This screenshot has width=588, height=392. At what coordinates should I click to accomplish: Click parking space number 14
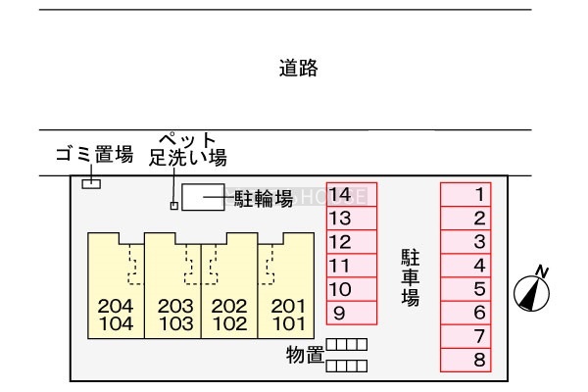[351, 194]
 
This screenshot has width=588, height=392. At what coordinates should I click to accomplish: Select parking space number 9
[351, 314]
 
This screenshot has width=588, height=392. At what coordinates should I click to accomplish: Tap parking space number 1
[465, 194]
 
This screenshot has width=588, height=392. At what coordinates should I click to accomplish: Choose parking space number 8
[465, 360]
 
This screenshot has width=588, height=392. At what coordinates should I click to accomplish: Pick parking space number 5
[465, 289]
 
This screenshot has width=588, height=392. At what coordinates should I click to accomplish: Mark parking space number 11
[351, 266]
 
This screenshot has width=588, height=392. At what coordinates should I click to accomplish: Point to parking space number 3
[465, 241]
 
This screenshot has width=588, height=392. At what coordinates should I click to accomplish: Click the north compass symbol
[531, 291]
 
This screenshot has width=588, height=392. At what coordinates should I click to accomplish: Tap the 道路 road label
[298, 69]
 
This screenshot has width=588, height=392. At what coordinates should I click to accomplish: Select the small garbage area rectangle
[91, 182]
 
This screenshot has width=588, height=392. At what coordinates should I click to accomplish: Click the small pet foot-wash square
[174, 205]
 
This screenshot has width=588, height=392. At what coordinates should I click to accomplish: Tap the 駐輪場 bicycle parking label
[264, 199]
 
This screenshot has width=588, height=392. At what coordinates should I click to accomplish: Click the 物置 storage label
[305, 355]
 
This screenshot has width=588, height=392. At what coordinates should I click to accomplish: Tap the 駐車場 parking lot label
[410, 278]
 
